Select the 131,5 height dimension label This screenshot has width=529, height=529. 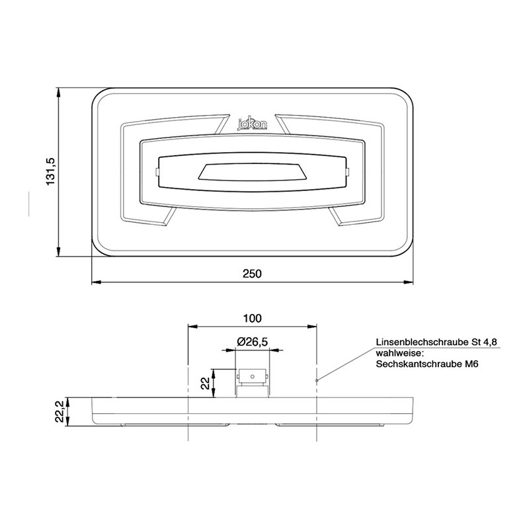click(x=50, y=172)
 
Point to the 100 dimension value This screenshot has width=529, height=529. click(x=252, y=318)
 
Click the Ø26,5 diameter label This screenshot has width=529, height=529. click(x=252, y=341)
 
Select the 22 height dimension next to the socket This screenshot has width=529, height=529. click(x=205, y=383)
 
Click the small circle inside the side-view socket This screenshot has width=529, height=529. click(x=253, y=376)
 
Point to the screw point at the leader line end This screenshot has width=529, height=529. click(x=317, y=380)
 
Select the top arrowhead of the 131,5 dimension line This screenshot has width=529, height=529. click(x=59, y=93)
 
